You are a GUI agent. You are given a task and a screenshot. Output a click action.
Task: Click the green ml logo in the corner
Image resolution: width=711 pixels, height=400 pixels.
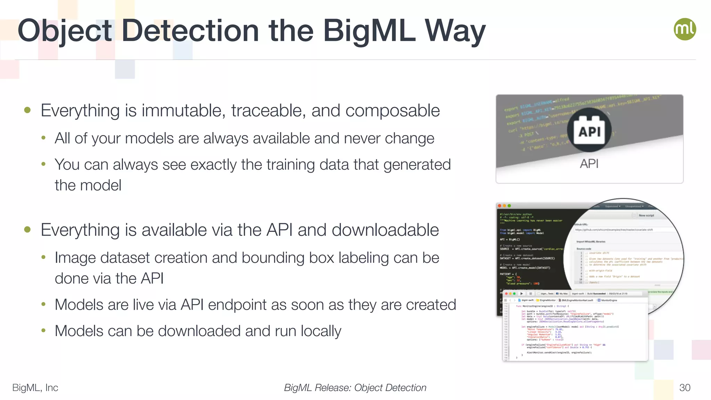685,29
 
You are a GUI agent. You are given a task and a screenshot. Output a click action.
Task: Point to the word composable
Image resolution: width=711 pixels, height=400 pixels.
392,111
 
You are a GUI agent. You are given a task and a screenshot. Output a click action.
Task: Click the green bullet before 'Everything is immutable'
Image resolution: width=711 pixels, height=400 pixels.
27,110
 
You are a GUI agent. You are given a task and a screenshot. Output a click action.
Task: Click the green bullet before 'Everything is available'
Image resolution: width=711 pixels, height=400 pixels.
27,230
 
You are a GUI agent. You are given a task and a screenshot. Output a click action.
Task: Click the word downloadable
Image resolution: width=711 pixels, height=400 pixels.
385,230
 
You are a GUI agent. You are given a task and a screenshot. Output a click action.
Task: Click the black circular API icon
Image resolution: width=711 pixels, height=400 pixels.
589,130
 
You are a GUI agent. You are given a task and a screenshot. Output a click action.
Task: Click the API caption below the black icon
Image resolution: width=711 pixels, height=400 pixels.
589,164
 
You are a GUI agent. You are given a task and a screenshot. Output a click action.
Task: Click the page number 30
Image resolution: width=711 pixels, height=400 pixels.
685,387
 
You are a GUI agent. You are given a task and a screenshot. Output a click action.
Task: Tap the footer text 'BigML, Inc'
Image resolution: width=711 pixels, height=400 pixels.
35,387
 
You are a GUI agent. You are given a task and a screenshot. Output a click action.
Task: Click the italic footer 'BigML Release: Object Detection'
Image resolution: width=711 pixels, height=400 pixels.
355,387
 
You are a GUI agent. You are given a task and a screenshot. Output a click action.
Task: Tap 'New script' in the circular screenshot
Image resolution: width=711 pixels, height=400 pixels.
646,215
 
